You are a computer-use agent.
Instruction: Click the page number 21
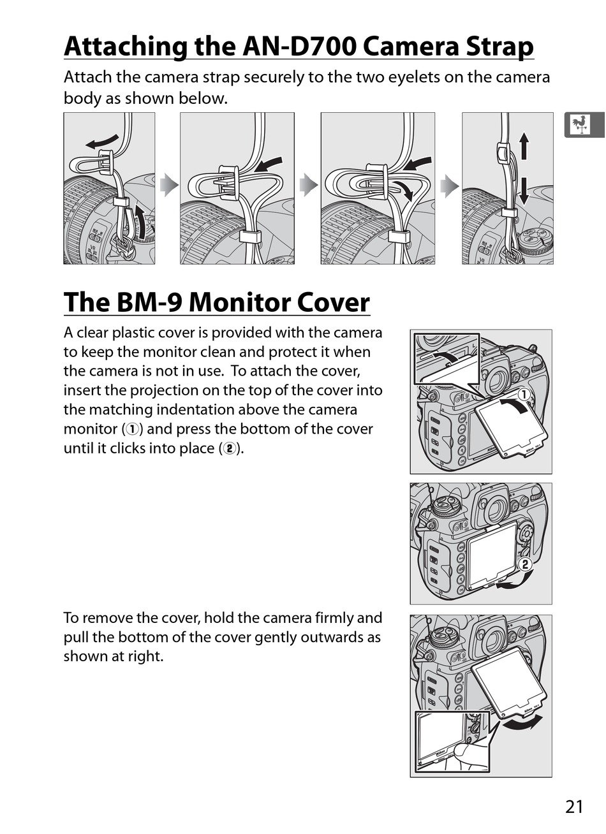tap(573, 807)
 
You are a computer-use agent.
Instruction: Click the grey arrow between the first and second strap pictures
tap(168, 186)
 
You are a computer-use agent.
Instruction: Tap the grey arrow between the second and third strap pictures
tap(308, 186)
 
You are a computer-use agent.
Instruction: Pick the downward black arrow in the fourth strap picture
tap(524, 190)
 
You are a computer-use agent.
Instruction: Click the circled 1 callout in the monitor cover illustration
tap(523, 395)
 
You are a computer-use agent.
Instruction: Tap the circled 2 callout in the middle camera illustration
tap(524, 564)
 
